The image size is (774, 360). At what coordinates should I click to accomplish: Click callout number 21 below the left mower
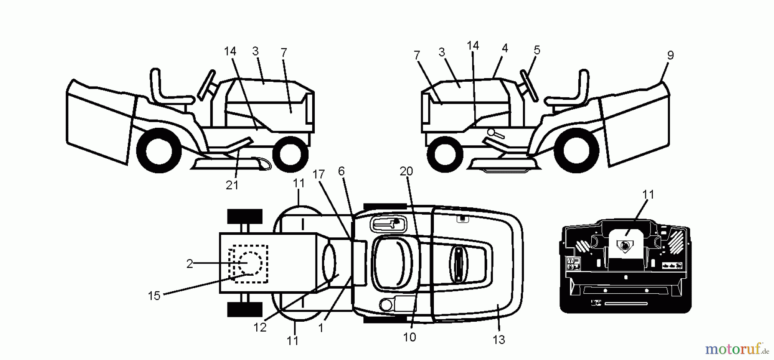(x=232, y=185)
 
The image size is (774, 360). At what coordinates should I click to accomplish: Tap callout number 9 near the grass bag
(x=670, y=55)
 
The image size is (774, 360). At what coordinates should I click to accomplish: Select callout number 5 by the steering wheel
(x=537, y=50)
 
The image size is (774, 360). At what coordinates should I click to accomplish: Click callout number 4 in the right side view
(x=504, y=48)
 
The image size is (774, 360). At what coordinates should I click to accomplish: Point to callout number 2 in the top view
(x=190, y=264)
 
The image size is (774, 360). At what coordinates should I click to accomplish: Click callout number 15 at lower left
(x=154, y=296)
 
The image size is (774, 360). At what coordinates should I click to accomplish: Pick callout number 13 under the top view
(x=498, y=340)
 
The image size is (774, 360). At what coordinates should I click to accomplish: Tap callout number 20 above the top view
(x=406, y=171)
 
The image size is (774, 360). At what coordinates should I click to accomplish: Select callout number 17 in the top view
(x=318, y=174)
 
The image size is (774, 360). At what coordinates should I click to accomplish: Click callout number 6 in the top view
(x=341, y=171)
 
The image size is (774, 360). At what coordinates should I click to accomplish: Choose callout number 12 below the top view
(x=260, y=327)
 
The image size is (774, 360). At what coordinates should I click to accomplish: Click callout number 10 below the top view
(x=409, y=337)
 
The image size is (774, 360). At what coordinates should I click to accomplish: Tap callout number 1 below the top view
(x=320, y=328)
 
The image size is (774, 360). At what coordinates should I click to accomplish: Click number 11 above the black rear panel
(x=648, y=195)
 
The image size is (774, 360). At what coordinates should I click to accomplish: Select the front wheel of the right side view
(x=445, y=154)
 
